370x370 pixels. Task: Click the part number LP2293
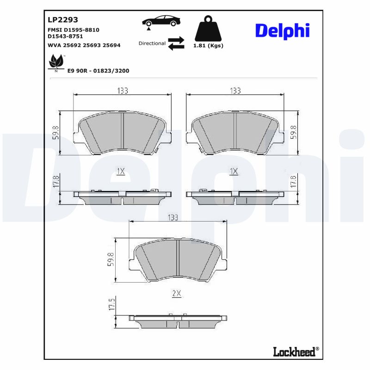coord(63,20)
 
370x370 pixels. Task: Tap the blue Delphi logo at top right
coord(282,31)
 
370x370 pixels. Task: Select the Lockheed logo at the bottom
coord(295,351)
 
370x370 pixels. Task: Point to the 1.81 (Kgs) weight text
coord(208,46)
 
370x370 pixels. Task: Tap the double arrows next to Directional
coord(176,43)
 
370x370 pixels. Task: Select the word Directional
coord(152,43)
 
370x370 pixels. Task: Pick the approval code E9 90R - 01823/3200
coord(98,71)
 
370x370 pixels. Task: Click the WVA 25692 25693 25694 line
coord(84,45)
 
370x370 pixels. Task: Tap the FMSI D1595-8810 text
coord(74,30)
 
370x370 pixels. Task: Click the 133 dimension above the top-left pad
coord(122,91)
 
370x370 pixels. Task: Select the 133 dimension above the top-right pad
coord(235,91)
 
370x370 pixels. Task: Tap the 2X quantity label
coord(176,293)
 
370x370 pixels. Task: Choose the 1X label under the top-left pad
coord(121,172)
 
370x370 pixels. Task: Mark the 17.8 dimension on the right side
coord(293,181)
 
